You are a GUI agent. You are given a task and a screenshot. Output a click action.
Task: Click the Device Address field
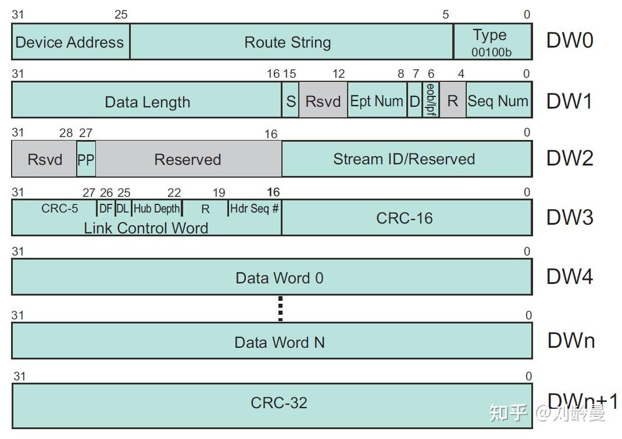(70, 42)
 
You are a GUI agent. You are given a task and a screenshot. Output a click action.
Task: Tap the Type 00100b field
(492, 42)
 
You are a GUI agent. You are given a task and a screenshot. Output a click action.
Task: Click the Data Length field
(147, 102)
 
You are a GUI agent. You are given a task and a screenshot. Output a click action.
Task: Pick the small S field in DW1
(291, 101)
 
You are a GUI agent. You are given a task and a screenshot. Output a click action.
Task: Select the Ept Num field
(376, 101)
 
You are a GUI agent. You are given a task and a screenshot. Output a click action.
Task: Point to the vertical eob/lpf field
(431, 100)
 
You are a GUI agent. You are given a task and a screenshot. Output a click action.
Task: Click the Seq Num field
(498, 101)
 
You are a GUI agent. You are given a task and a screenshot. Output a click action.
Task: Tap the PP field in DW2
(86, 160)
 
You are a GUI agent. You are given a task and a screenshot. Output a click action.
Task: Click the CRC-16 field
(405, 218)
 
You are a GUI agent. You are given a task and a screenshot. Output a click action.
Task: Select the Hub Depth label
(157, 208)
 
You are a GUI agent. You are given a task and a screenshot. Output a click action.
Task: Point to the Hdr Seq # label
(254, 208)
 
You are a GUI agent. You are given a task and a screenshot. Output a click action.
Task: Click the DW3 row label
(569, 217)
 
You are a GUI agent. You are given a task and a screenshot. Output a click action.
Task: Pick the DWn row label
(571, 341)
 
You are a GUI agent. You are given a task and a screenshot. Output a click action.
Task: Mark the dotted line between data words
(280, 308)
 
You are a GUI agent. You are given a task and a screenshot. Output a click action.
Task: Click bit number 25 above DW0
(121, 15)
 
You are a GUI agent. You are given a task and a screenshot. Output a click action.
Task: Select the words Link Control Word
(146, 228)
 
